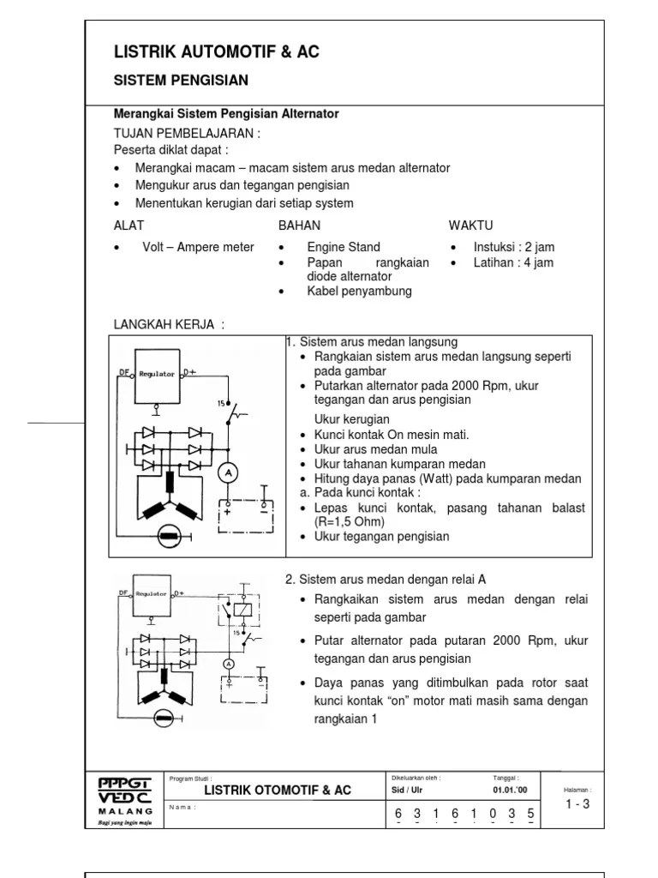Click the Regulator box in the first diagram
158,375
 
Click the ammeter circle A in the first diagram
229,472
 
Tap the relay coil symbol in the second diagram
246,608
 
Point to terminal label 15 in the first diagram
221,402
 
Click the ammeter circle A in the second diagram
229,664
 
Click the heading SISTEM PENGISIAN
181,81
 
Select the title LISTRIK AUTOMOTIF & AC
216,52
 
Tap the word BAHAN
299,226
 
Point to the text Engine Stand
344,247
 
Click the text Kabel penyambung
359,291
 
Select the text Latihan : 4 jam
513,262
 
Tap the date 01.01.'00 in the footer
510,790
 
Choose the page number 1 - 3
577,803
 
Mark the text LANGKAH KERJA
169,323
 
